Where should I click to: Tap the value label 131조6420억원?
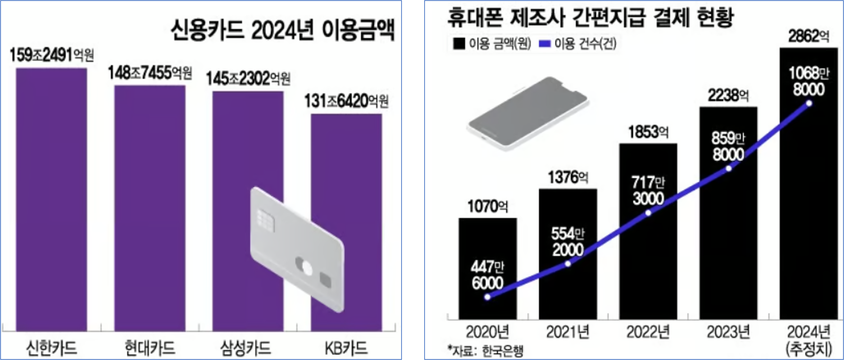click(x=346, y=102)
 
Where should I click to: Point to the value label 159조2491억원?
click(x=52, y=55)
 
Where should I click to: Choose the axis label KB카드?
click(x=346, y=348)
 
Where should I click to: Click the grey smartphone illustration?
click(x=528, y=114)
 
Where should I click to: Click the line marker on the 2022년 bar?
click(x=648, y=213)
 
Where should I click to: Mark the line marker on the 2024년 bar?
click(x=809, y=103)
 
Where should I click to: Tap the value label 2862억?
click(x=809, y=37)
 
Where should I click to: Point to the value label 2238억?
click(x=728, y=96)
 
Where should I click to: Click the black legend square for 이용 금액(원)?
click(x=459, y=44)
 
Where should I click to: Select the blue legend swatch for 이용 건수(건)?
click(x=544, y=44)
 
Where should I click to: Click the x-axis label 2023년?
click(x=728, y=332)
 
